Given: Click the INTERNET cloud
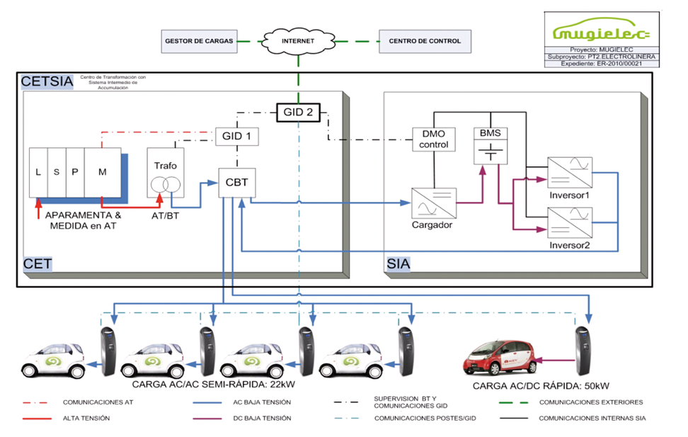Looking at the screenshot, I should click(x=298, y=41).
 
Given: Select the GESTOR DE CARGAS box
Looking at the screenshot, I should click(x=199, y=41).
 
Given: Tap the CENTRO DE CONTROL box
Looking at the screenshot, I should click(x=425, y=41).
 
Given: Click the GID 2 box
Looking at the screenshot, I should click(x=298, y=111).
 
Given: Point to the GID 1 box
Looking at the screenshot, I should click(x=236, y=136).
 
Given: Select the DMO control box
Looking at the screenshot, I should click(x=434, y=140).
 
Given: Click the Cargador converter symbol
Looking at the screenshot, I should click(x=434, y=204).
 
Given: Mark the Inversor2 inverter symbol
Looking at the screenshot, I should click(x=570, y=222).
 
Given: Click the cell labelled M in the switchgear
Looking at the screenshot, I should click(x=103, y=173).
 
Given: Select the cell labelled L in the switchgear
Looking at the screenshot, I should click(x=38, y=173).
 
